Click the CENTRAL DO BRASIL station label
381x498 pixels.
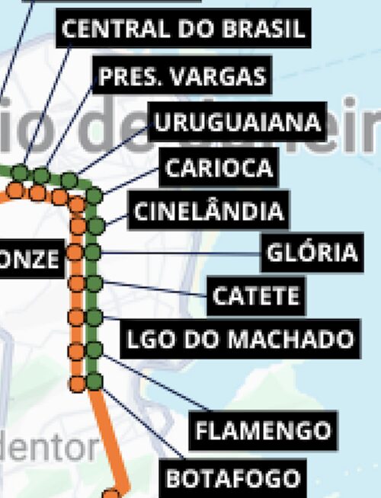tap(184, 30)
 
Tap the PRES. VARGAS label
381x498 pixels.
tap(183, 76)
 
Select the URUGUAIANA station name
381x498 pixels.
tap(237, 122)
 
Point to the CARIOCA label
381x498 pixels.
tap(219, 168)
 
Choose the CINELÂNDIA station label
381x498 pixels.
tap(208, 210)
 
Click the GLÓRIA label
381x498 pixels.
tap(311, 252)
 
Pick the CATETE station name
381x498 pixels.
tap(256, 295)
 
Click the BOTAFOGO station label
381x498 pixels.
tap(232, 478)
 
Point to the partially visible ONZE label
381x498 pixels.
tap(29, 259)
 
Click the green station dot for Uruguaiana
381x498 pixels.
tap(69, 180)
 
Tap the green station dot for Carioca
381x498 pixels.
tap(94, 196)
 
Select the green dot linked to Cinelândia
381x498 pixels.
tap(95, 225)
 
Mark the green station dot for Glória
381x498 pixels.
tap(94, 252)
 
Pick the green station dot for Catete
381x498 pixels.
tap(94, 283)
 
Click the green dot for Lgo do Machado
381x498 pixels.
tap(94, 317)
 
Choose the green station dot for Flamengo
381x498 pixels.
tap(94, 350)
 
